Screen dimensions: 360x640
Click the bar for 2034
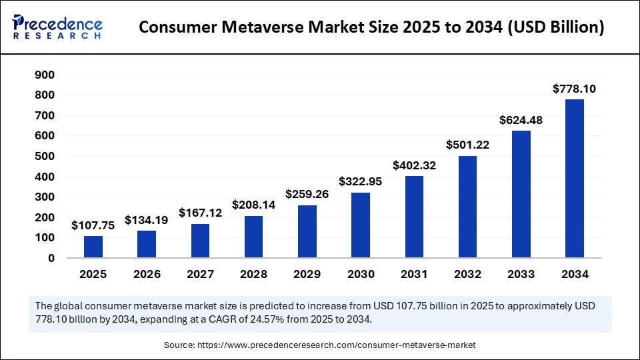tap(574, 179)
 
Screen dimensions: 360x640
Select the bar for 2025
tap(93, 247)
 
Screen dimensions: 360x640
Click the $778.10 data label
tap(574, 89)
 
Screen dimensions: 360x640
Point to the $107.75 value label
tap(93, 225)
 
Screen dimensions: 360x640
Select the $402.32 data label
tap(414, 165)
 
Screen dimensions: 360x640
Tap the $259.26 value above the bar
tap(307, 194)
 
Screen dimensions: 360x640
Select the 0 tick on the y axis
tap(51, 258)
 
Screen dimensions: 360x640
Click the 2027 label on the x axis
tap(200, 274)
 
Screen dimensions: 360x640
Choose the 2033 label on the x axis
tap(521, 274)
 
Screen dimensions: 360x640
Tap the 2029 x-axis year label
tap(307, 274)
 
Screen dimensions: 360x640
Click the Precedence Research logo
tap(57, 27)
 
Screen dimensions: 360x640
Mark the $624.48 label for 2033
tap(521, 120)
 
